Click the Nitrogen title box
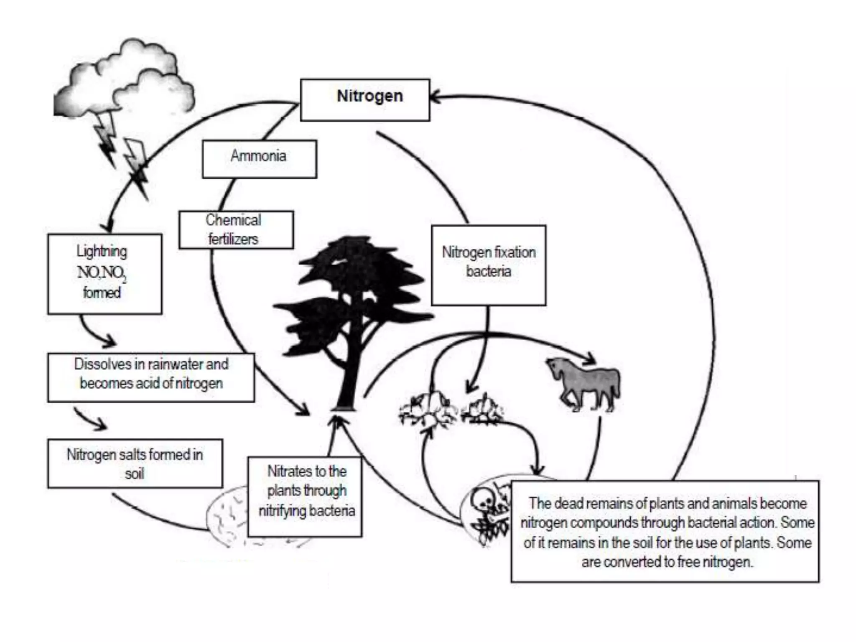[x=365, y=99]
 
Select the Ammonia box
[x=259, y=159]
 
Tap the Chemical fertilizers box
[x=236, y=230]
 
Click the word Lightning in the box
[x=102, y=251]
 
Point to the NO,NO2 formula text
[x=102, y=273]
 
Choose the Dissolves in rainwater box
[x=150, y=377]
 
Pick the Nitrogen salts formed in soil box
[x=135, y=463]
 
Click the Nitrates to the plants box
[x=305, y=497]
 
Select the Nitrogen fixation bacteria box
[x=488, y=265]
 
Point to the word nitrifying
[x=282, y=510]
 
